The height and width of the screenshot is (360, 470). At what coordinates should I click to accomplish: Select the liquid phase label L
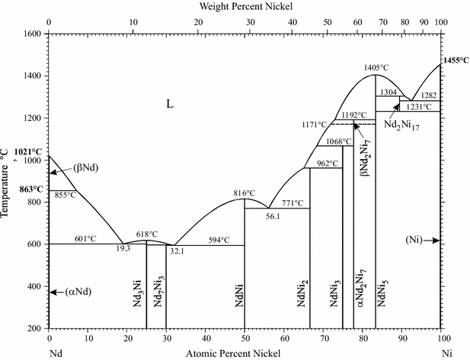[170, 104]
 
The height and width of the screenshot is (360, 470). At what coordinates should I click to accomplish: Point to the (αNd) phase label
[76, 292]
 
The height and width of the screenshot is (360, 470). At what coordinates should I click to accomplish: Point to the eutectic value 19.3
[123, 248]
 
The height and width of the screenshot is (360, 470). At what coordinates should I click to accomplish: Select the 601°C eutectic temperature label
[85, 238]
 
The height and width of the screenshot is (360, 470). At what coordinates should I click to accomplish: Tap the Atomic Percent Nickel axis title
[232, 354]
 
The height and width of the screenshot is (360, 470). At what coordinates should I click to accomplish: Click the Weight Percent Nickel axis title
[245, 6]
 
